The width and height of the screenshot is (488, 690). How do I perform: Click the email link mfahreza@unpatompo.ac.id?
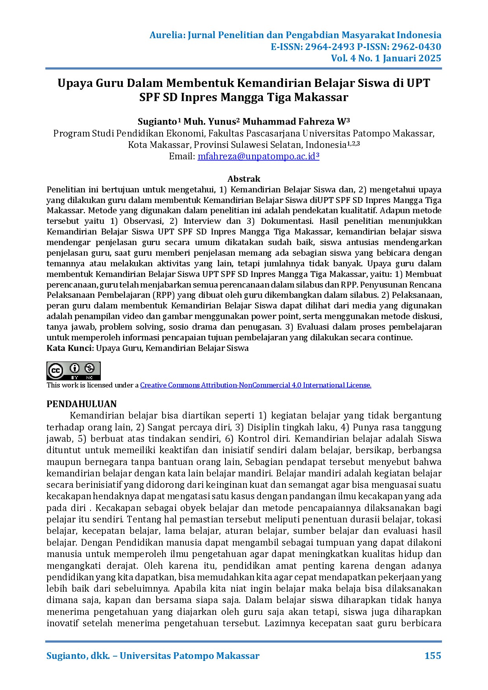pyautogui.click(x=257, y=156)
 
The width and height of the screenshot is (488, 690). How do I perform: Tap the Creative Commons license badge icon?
pyautogui.click(x=74, y=371)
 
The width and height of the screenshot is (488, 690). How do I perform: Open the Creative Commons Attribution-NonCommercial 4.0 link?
pyautogui.click(x=255, y=385)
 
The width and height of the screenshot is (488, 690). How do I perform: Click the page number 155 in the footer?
pyautogui.click(x=433, y=655)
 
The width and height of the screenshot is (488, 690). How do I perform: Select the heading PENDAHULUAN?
pyautogui.click(x=81, y=404)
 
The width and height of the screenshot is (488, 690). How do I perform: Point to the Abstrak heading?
pyautogui.click(x=244, y=179)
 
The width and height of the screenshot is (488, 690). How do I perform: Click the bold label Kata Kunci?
pyautogui.click(x=69, y=348)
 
